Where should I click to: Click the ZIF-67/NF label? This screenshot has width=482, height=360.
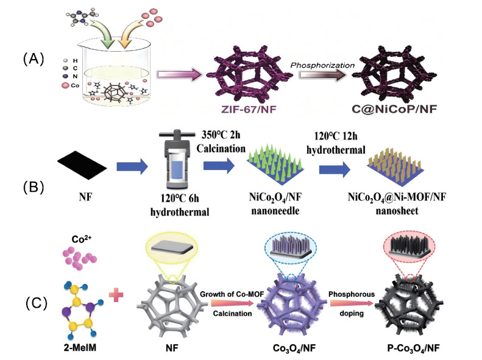click(x=249, y=110)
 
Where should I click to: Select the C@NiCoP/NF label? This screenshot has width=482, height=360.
click(x=394, y=109)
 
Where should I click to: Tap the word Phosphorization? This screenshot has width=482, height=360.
click(x=322, y=65)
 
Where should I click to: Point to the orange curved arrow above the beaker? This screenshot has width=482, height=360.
click(x=130, y=34)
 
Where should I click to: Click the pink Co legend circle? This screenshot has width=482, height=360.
click(x=65, y=85)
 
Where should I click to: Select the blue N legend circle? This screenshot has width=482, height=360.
click(x=65, y=76)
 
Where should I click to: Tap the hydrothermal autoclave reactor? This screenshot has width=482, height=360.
click(x=177, y=159)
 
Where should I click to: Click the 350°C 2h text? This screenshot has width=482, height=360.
click(x=221, y=135)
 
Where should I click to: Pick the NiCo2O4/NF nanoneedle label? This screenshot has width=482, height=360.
click(x=275, y=203)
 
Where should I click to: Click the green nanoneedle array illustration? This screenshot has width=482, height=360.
click(x=275, y=164)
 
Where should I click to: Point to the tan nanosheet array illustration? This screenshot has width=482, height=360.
click(x=395, y=166)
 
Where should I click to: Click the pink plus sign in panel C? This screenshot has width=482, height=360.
click(x=116, y=295)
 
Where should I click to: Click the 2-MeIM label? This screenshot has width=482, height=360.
click(x=80, y=347)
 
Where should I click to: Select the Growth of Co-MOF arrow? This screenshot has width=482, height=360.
click(x=232, y=303)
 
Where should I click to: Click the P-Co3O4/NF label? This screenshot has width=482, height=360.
click(x=414, y=348)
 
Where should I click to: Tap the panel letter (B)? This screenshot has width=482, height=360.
click(x=34, y=187)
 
